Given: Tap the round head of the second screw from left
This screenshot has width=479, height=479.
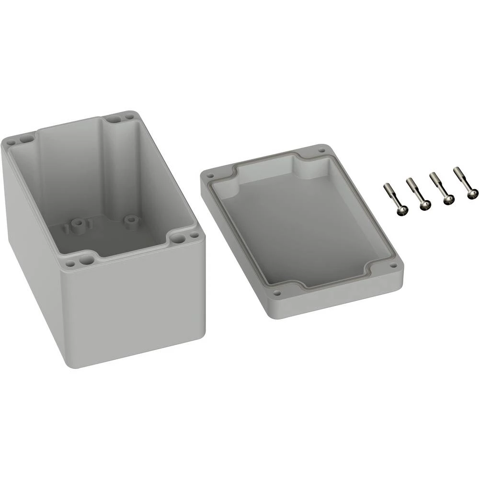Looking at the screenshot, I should click(425, 205).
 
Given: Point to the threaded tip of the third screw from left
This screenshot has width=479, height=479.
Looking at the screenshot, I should click(434, 176).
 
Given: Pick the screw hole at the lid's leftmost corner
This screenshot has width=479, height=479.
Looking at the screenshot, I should click(209, 176).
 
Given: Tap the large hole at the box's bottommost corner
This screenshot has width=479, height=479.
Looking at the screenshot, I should click(86, 260).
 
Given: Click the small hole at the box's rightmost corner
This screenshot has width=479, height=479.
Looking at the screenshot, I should click(194, 235).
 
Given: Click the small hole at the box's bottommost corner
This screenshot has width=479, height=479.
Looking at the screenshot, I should click(70, 263).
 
